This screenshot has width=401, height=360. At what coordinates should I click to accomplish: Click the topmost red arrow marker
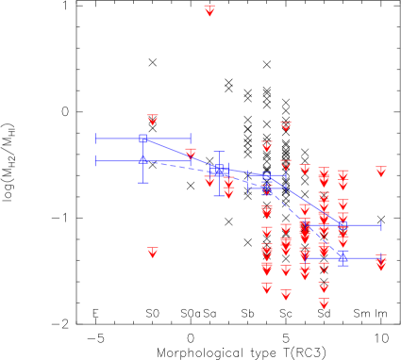[209, 10]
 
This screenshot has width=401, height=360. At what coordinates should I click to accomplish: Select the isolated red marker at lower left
[153, 252]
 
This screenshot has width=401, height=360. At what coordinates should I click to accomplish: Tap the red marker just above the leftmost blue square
[153, 120]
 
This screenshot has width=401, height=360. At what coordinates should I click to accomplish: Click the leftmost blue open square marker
[142, 139]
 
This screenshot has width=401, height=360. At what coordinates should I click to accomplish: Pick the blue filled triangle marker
[142, 160]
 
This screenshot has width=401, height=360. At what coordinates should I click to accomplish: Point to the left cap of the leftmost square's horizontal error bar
[95, 139]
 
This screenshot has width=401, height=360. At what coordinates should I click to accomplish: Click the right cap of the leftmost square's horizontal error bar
[191, 139]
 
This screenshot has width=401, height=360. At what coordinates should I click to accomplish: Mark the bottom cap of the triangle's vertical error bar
[142, 182]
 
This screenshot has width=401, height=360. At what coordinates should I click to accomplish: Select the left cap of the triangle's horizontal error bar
[95, 161]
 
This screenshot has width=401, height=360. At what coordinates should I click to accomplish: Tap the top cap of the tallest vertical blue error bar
[219, 151]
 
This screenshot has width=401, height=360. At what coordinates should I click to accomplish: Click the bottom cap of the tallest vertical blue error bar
[219, 196]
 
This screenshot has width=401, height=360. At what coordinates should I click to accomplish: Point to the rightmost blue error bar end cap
[381, 225]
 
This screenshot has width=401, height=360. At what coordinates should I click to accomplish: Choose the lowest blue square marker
[343, 255]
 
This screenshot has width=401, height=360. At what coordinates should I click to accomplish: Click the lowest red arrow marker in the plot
[324, 303]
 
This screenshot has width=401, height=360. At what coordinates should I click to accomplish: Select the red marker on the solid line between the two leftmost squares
[191, 154]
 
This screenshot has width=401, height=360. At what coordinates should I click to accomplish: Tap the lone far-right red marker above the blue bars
[381, 172]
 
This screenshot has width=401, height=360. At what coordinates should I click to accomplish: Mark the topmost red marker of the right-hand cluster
[286, 126]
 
